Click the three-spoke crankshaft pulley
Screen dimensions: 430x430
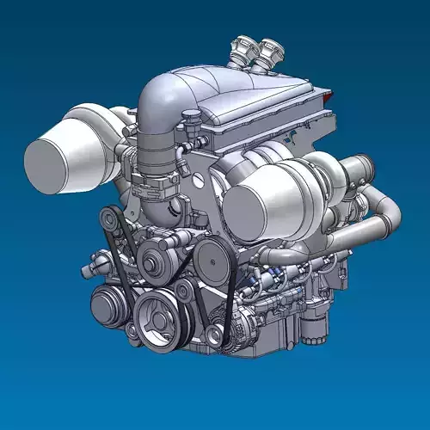pyautogui.click(x=157, y=318)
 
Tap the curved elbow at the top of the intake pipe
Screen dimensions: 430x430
pyautogui.click(x=163, y=95)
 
